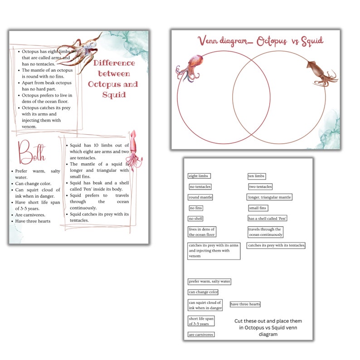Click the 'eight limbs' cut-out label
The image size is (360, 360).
coord(199,176)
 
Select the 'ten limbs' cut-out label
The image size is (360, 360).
coord(256,176)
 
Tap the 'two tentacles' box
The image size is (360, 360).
coord(260,187)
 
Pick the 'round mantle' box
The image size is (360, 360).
coord(200,197)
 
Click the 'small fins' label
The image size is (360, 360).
coord(258,208)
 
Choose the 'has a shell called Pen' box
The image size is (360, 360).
coord(268,219)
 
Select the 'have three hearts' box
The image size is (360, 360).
coord(245,304)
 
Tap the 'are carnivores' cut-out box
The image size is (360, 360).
coord(201,335)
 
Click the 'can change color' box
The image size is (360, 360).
coord(203,292)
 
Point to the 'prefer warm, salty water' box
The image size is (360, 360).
coord(209,282)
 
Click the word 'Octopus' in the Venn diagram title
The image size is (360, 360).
coord(272,42)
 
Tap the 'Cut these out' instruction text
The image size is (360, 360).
coord(268,327)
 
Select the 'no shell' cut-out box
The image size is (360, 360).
coord(196,219)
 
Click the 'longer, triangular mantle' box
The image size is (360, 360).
coord(269,197)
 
